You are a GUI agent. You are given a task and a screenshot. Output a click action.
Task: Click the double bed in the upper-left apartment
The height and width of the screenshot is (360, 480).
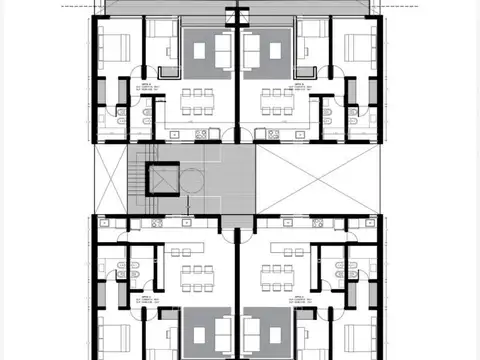pyautogui.click(x=115, y=47)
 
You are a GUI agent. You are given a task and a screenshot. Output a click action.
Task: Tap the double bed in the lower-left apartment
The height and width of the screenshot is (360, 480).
pyautogui.click(x=115, y=335)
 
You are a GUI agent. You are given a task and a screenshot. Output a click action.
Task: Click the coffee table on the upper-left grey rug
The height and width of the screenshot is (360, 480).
pyautogui.click(x=207, y=48)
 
